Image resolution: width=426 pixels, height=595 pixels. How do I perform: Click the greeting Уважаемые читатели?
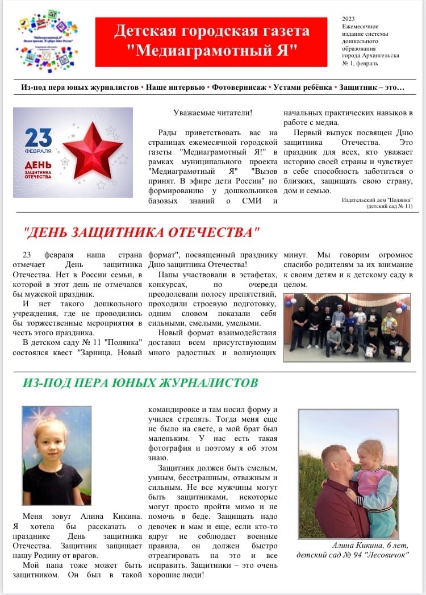(212, 113)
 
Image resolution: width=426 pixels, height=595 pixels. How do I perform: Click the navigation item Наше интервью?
(176, 88)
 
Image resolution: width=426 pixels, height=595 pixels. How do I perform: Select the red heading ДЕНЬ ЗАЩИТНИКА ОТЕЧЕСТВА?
(142, 232)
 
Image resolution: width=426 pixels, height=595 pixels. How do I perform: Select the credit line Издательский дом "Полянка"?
(377, 200)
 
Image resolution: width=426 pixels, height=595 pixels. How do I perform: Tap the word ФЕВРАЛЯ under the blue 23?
(38, 151)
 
